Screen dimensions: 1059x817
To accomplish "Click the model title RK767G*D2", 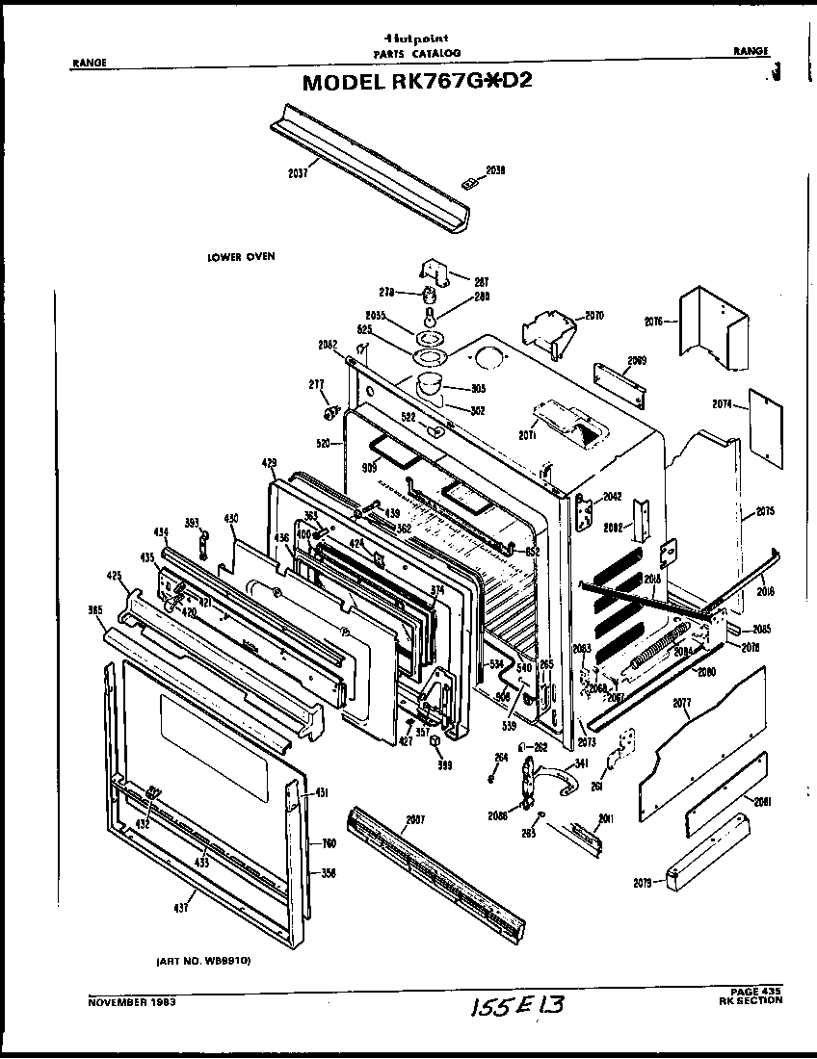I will [x=417, y=81].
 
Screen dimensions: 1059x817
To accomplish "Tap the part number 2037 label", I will [x=298, y=173].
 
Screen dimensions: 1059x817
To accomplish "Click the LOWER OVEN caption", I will [x=241, y=257].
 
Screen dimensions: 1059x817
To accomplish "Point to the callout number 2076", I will [x=653, y=323].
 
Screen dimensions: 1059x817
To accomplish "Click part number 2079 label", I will [x=645, y=882].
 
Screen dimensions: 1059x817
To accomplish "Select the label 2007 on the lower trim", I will [x=415, y=819].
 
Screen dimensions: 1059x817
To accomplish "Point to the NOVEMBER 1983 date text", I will [x=132, y=1001].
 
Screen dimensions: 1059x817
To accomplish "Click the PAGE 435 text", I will [x=756, y=992].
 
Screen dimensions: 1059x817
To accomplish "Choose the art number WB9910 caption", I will [x=203, y=961].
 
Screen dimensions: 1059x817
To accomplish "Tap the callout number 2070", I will [x=593, y=315].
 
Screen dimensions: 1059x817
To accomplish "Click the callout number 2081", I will [x=763, y=801].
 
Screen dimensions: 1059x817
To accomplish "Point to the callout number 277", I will [x=315, y=385].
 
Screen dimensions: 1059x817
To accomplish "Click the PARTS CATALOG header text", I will [x=417, y=52].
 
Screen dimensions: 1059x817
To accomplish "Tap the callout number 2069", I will [x=636, y=361].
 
